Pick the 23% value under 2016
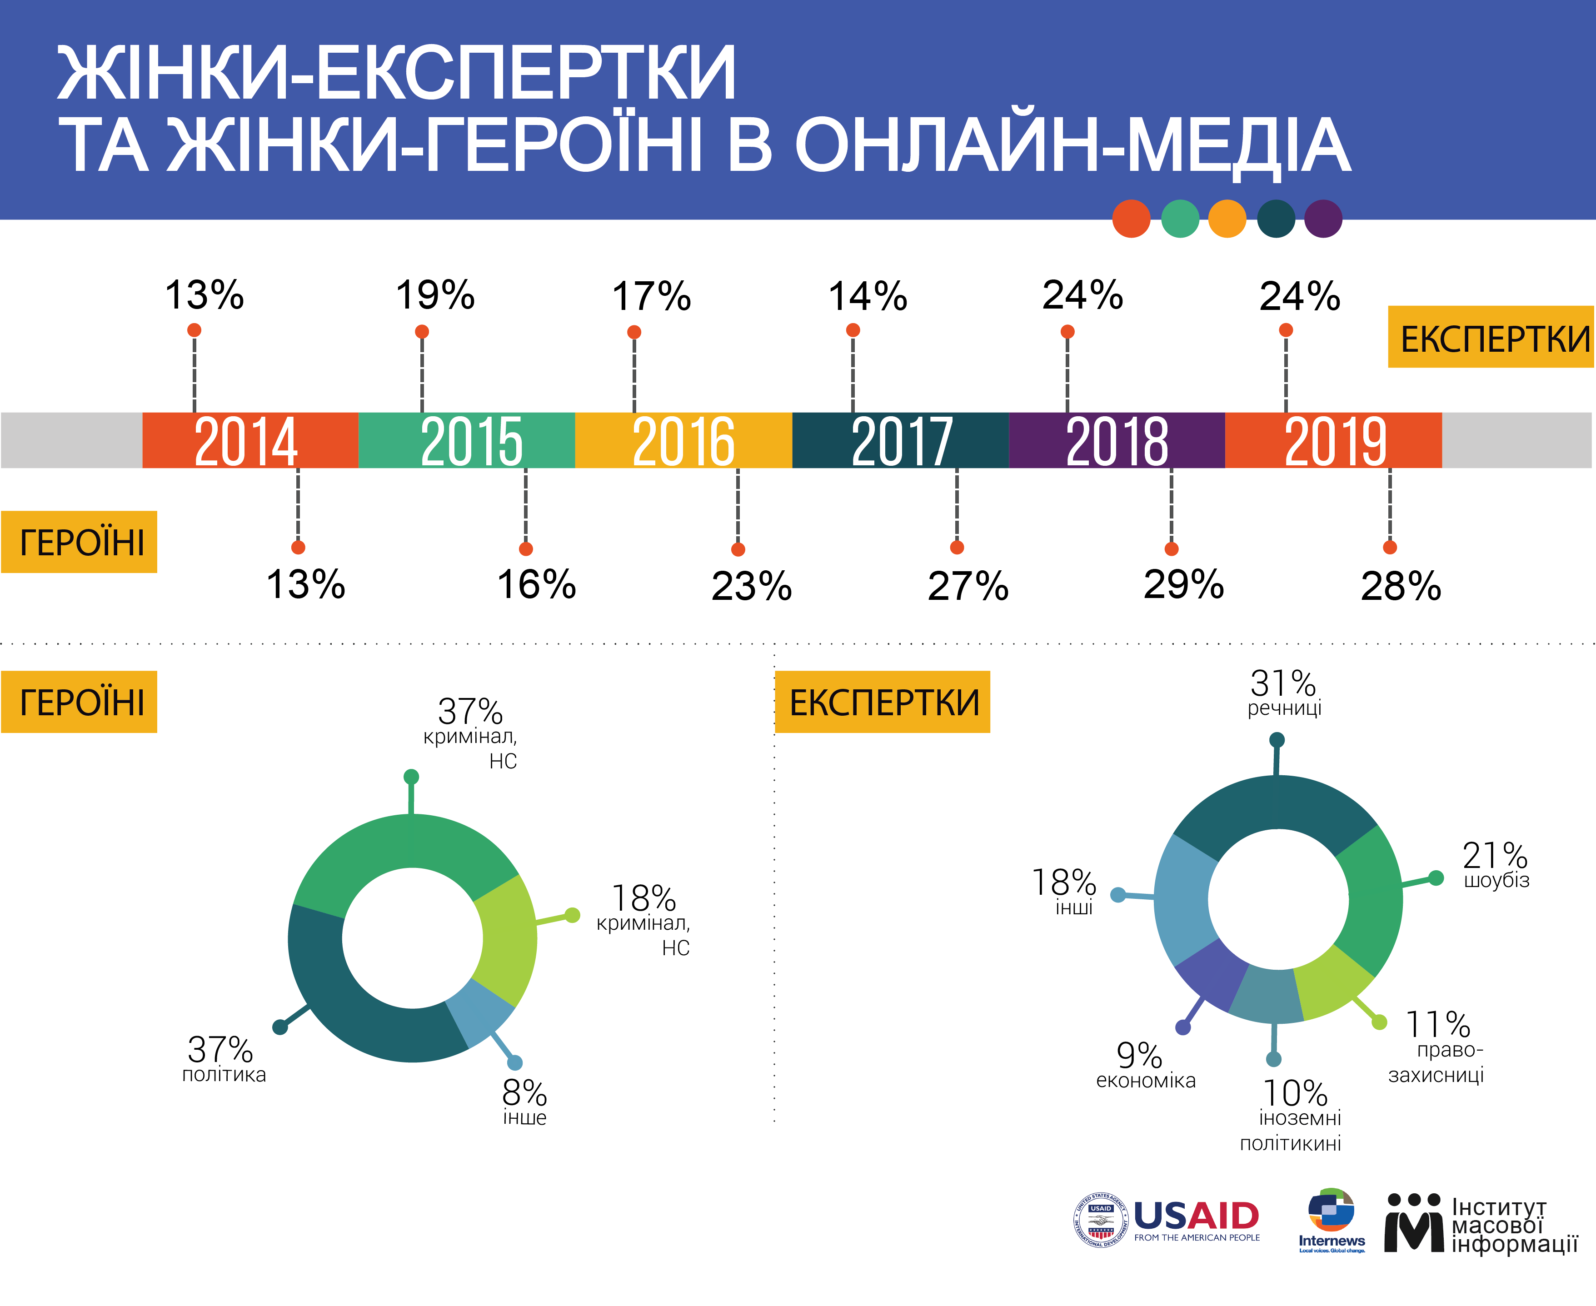tap(752, 586)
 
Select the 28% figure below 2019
tap(1400, 586)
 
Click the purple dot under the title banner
tap(1323, 219)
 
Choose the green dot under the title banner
tap(1180, 219)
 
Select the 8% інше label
tap(524, 1102)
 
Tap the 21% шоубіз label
tap(1495, 865)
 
